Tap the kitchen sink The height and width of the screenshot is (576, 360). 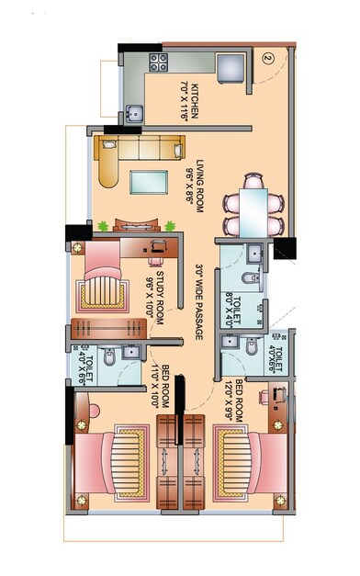pos(135,114)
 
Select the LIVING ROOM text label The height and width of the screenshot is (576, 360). pos(192,180)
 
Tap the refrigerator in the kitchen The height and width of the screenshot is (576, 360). pos(231,66)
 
